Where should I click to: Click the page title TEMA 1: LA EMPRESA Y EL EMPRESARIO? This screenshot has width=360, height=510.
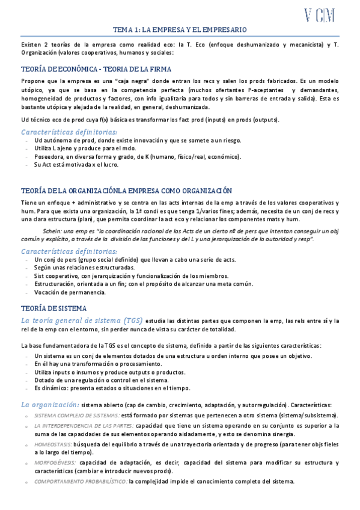(x=180, y=29)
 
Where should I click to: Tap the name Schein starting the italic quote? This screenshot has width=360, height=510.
(x=53, y=231)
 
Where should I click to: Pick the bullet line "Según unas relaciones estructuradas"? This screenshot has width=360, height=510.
(x=84, y=267)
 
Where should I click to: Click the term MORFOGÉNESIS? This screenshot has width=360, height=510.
(x=55, y=462)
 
